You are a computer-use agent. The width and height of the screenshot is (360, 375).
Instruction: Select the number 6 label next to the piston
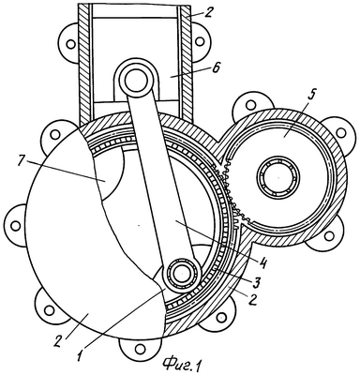pyautogui.click(x=215, y=68)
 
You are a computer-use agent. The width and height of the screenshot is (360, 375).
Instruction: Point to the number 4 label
pyautogui.click(x=262, y=262)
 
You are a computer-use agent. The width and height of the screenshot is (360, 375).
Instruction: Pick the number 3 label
pyautogui.click(x=257, y=283)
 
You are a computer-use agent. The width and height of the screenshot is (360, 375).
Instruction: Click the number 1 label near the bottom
pyautogui.click(x=80, y=355)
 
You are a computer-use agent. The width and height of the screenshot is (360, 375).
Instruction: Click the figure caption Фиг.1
pyautogui.click(x=181, y=365)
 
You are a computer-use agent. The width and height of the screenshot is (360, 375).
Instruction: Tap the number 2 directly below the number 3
pyautogui.click(x=252, y=300)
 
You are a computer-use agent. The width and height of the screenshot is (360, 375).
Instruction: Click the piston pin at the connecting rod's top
pyautogui.click(x=134, y=80)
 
